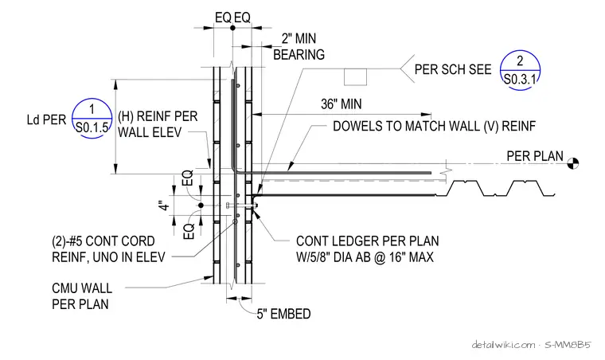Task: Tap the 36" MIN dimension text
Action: tap(341, 104)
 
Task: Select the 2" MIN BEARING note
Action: tap(299, 47)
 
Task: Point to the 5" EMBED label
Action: tap(283, 314)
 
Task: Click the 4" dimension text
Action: tap(164, 205)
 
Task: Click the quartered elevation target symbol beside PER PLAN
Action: tap(573, 163)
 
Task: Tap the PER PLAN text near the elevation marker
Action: tap(535, 156)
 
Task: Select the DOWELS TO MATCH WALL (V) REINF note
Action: tap(434, 126)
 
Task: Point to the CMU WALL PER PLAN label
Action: tap(82, 296)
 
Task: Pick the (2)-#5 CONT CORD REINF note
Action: tap(108, 248)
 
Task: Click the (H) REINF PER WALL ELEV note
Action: tap(158, 124)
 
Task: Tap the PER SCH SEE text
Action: tap(453, 69)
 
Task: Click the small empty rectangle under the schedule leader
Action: tap(355, 76)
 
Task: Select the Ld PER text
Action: tap(46, 119)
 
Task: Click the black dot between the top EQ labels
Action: tap(232, 28)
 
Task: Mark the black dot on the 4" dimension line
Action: tap(201, 205)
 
